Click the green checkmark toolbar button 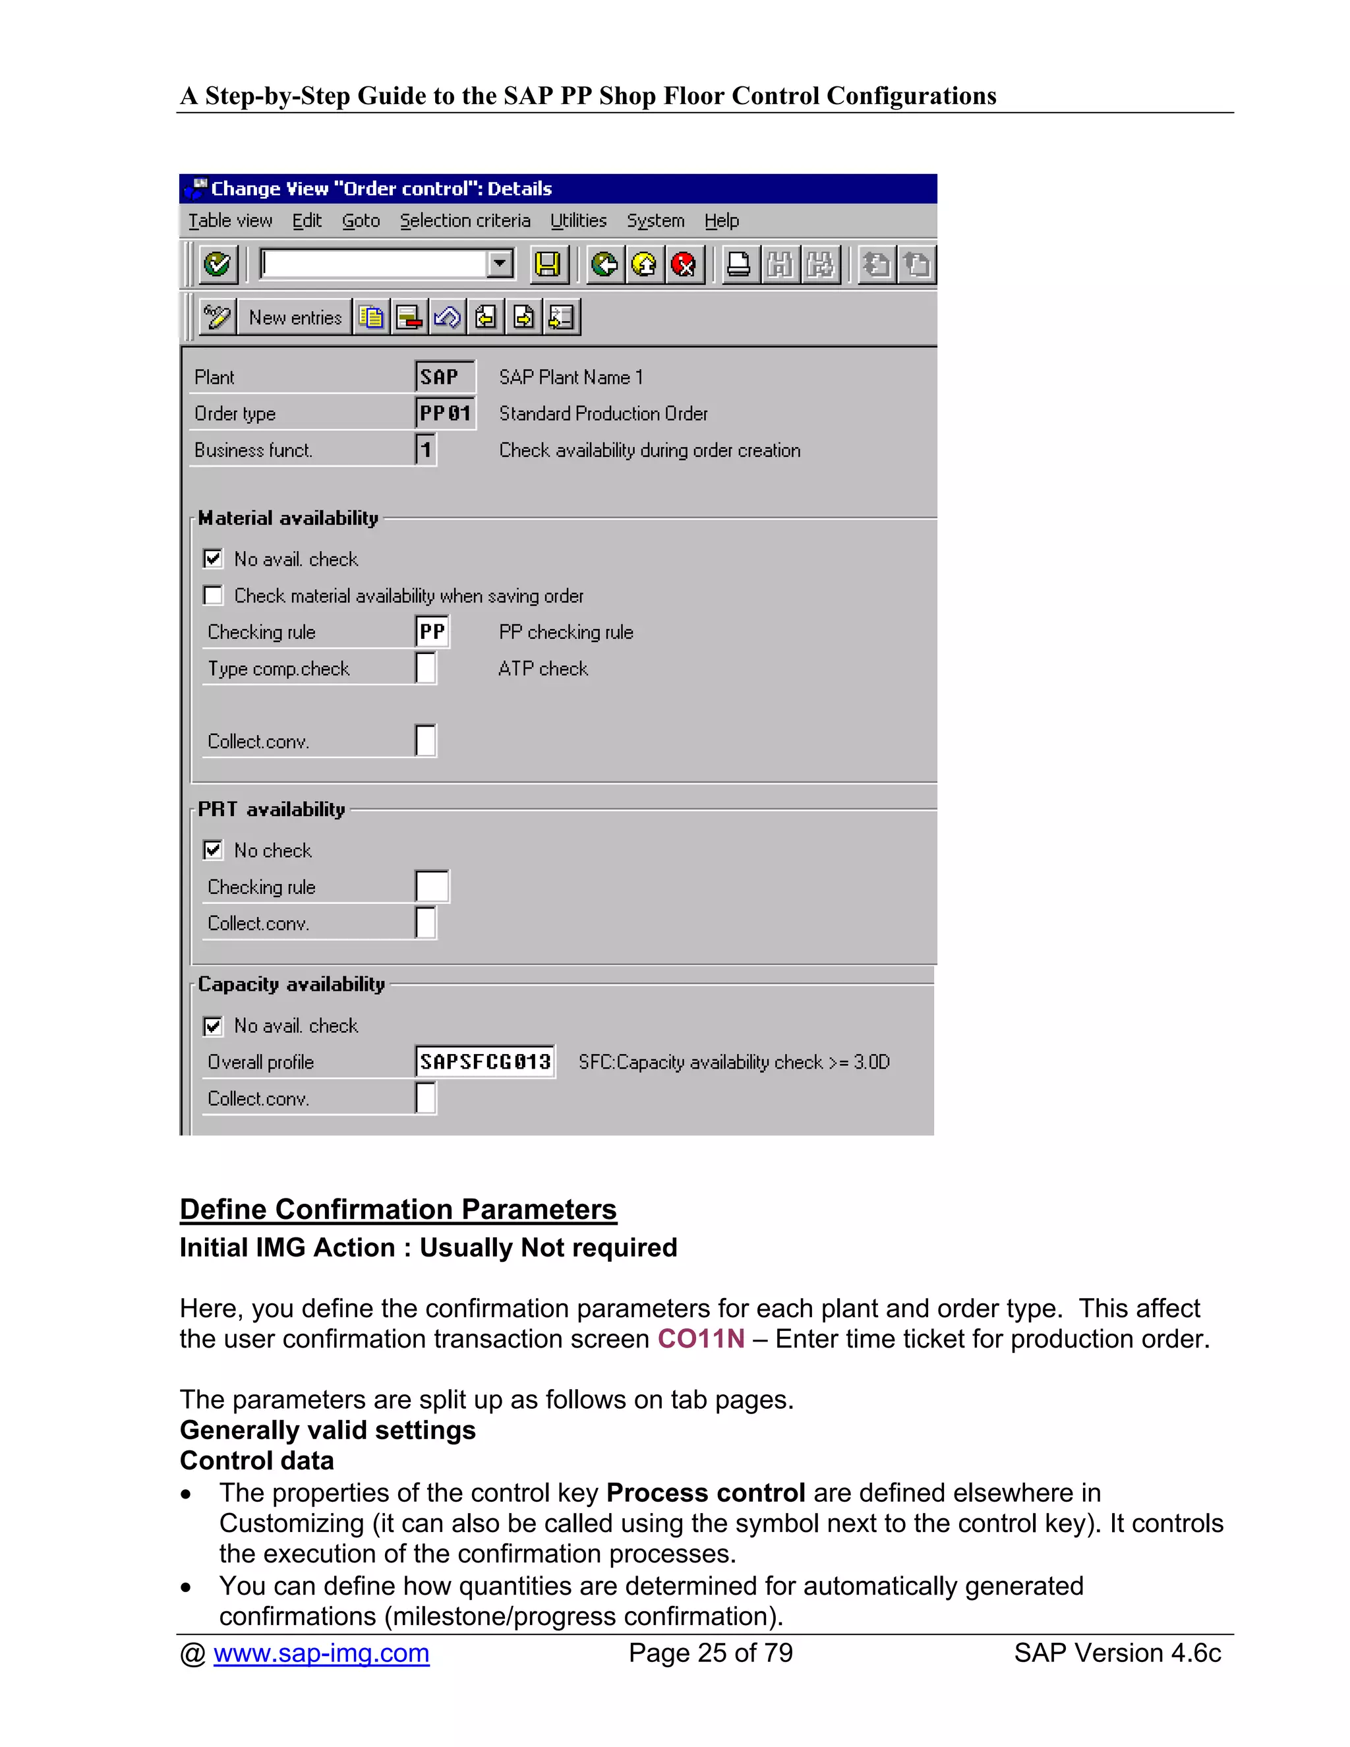[x=217, y=264]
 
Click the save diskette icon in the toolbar [x=548, y=264]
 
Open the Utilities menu [x=578, y=221]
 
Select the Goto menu [x=361, y=221]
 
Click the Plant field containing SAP [x=445, y=376]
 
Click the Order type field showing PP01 [x=445, y=413]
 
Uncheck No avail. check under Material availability [x=213, y=558]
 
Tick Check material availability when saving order [x=213, y=595]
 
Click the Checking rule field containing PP [x=432, y=632]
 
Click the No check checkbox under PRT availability [x=213, y=850]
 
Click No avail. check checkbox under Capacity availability [x=213, y=1026]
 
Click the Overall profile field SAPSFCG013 [x=484, y=1061]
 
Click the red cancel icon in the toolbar [x=684, y=264]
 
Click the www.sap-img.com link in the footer [x=321, y=1653]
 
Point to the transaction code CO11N [x=701, y=1339]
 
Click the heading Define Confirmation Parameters [x=398, y=1210]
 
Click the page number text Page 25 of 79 [x=710, y=1653]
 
